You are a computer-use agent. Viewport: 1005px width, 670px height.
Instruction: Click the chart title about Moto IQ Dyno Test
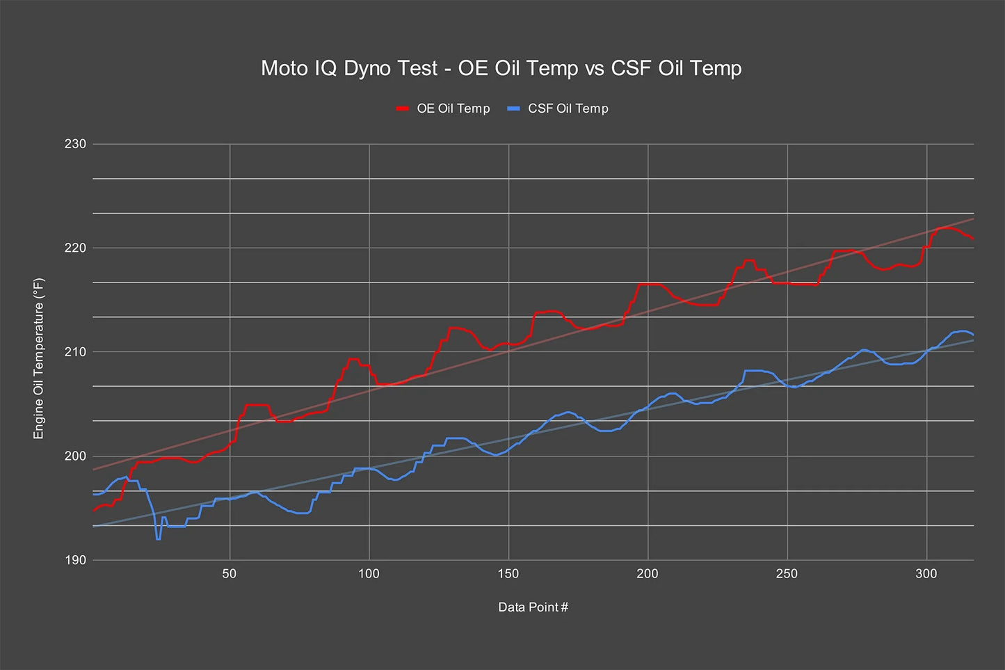point(501,68)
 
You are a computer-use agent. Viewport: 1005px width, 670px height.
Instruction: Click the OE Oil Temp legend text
point(453,109)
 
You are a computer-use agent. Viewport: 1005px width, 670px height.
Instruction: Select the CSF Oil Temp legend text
point(568,109)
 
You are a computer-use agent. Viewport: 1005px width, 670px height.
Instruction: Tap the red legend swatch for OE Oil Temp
point(402,109)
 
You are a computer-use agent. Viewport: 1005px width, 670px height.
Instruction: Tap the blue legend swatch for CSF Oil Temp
point(513,109)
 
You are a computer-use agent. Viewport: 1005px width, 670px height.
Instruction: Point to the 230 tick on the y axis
point(75,144)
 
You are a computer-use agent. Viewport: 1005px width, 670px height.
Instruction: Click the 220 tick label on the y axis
point(75,248)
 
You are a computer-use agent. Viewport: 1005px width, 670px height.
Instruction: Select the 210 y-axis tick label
point(75,352)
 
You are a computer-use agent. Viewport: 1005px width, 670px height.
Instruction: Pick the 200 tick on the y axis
point(75,456)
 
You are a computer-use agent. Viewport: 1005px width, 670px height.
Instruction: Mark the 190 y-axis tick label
point(75,560)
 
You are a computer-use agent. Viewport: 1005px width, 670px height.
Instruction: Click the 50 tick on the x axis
point(230,574)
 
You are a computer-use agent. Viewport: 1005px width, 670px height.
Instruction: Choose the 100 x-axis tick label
point(369,574)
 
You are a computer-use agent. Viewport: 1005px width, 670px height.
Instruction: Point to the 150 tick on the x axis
point(508,574)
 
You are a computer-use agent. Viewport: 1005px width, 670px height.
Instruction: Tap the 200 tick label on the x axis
point(648,574)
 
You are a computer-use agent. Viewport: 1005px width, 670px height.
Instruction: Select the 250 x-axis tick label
point(787,574)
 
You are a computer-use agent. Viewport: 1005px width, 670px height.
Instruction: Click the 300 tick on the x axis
point(926,574)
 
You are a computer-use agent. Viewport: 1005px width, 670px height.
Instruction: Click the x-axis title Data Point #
point(533,607)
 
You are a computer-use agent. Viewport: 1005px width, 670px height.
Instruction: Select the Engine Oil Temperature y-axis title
point(39,358)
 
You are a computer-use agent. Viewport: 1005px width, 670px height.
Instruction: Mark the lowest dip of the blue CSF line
point(159,539)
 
